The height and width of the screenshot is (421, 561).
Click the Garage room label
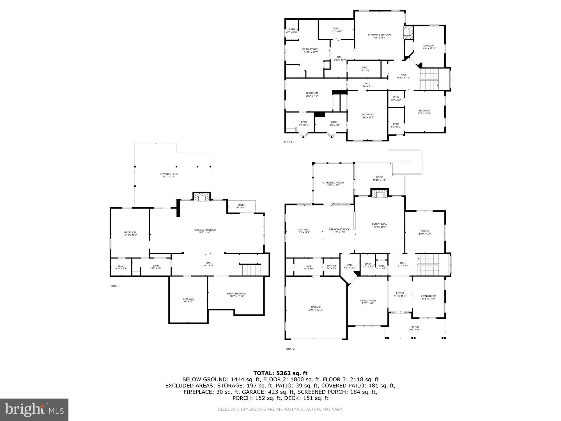[316, 307]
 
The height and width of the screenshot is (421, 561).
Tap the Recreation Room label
[205, 230]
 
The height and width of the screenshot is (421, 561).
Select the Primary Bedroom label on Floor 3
[379, 35]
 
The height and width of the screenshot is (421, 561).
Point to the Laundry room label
[429, 46]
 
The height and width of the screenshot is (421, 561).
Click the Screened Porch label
[333, 183]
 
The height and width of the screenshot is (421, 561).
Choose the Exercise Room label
[237, 294]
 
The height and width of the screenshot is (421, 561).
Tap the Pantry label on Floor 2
[331, 266]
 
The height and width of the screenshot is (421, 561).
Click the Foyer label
[400, 293]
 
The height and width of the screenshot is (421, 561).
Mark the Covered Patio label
[169, 174]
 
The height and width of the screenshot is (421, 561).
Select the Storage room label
[188, 299]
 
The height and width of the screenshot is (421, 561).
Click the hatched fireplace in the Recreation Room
[201, 197]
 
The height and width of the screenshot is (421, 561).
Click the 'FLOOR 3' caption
[289, 142]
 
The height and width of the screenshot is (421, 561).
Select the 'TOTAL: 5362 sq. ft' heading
[280, 373]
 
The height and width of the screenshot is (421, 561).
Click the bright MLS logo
[34, 409]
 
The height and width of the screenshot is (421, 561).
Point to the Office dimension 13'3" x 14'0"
[425, 234]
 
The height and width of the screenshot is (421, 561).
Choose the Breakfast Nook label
[339, 230]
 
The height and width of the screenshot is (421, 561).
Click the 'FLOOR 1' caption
[114, 286]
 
